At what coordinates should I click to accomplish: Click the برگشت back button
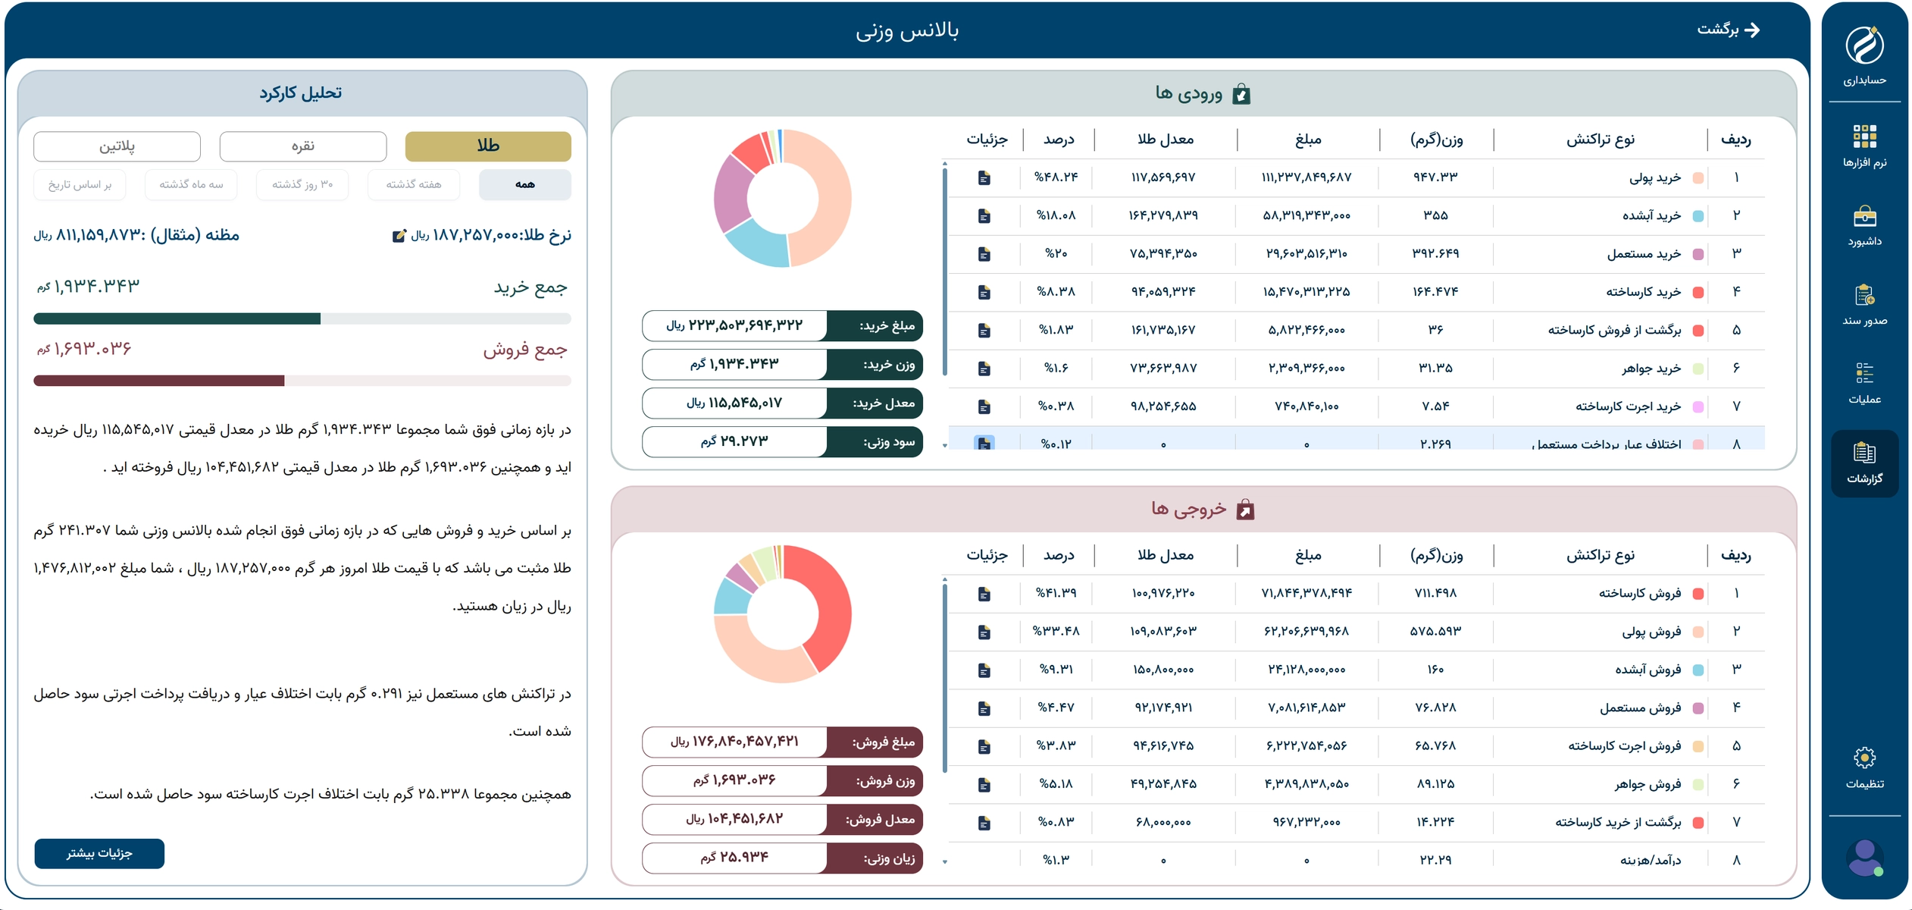click(x=1729, y=30)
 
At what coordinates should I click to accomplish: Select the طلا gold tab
click(x=488, y=146)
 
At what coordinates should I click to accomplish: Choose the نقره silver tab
click(x=303, y=146)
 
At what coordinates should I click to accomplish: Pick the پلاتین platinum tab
click(x=117, y=146)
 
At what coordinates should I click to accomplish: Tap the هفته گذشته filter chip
click(x=413, y=184)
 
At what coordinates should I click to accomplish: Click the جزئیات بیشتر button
click(x=99, y=853)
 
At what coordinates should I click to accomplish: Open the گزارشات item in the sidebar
click(x=1864, y=463)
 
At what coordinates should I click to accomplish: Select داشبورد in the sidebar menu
click(x=1864, y=226)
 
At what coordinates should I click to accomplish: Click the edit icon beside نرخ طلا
click(x=399, y=236)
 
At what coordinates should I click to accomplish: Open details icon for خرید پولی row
click(x=984, y=177)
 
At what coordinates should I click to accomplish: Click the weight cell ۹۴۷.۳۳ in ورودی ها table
click(x=1435, y=177)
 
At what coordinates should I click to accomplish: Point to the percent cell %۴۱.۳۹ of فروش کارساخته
click(x=1056, y=592)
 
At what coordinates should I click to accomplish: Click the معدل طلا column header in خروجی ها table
click(x=1165, y=555)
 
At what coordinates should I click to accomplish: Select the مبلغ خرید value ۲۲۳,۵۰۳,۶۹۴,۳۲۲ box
click(x=734, y=325)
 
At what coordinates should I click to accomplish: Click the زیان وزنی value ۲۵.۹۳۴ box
click(x=734, y=857)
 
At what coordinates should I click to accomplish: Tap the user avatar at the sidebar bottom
click(x=1864, y=858)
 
